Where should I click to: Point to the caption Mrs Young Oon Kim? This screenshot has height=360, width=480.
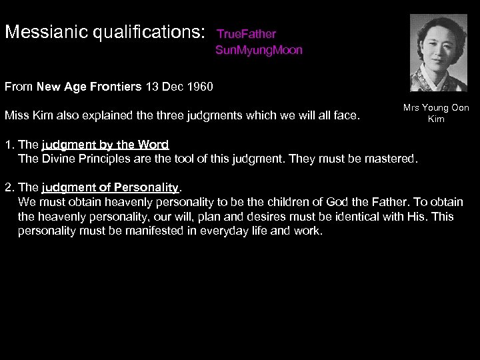pyautogui.click(x=437, y=113)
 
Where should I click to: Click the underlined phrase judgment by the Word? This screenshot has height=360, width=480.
pyautogui.click(x=105, y=144)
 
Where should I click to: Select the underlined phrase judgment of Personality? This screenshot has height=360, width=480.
pyautogui.click(x=109, y=187)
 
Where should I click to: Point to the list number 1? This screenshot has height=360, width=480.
pyautogui.click(x=8, y=144)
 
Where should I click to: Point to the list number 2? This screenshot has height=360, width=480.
pyautogui.click(x=8, y=187)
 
